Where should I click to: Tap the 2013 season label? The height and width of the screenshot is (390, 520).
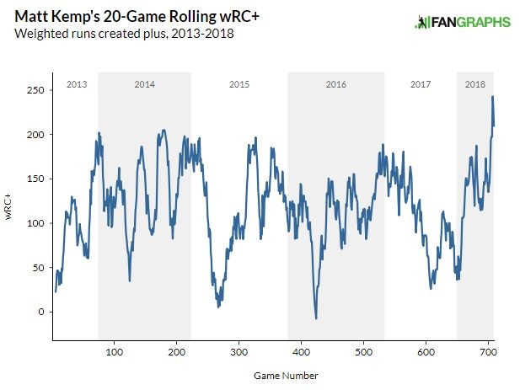[77, 84]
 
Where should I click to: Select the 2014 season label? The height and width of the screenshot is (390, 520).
[144, 84]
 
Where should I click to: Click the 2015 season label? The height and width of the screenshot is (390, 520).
[239, 84]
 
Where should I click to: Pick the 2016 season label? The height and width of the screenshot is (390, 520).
[335, 84]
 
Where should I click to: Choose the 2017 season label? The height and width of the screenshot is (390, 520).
[420, 84]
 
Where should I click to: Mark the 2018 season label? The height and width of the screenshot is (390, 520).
[475, 84]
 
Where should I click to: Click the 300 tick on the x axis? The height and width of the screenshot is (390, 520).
[239, 350]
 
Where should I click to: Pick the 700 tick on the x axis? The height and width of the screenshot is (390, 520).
[488, 350]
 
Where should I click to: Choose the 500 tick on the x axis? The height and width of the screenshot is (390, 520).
[363, 350]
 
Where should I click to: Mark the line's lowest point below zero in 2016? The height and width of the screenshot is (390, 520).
[316, 318]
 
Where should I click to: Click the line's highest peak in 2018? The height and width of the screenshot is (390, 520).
[492, 97]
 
